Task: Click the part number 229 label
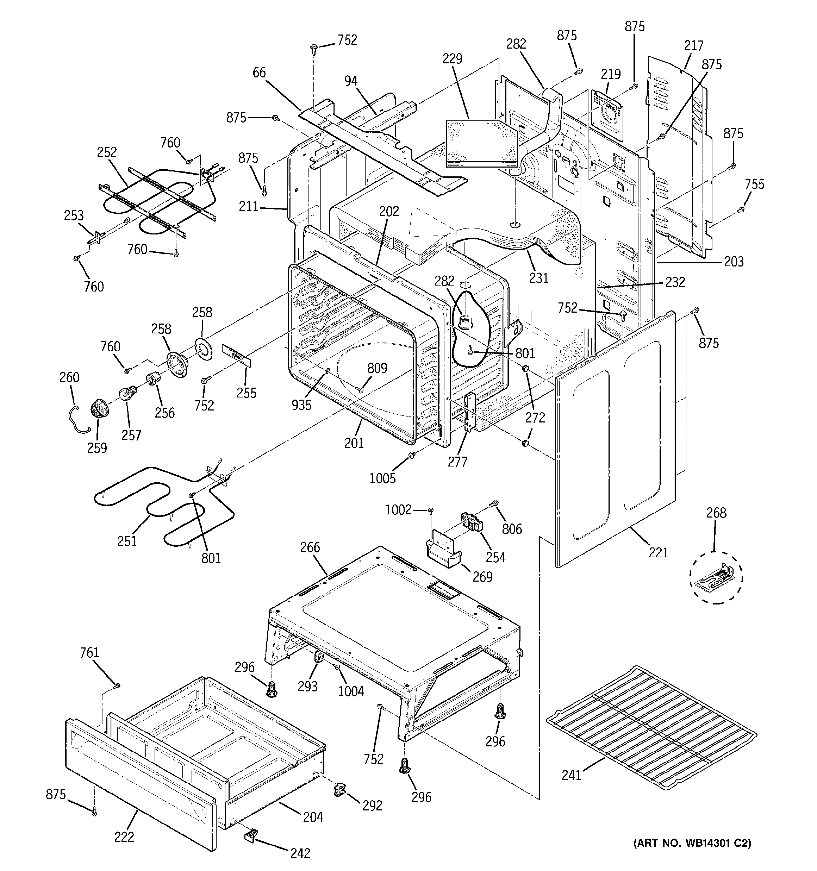pyautogui.click(x=452, y=58)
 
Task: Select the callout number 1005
pyautogui.click(x=382, y=478)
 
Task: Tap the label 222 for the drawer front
pyautogui.click(x=124, y=837)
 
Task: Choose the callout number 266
pyautogui.click(x=310, y=547)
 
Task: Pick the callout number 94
pyautogui.click(x=351, y=81)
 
